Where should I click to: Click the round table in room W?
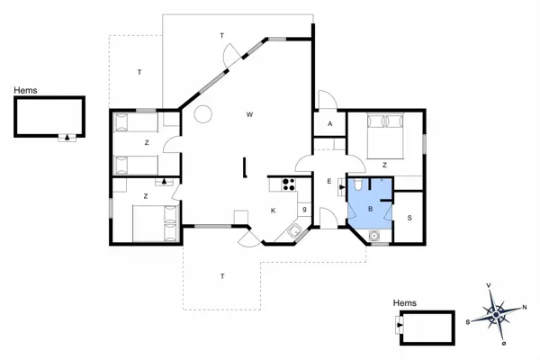point(204,113)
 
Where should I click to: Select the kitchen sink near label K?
point(293,232)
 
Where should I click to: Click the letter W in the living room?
point(249,114)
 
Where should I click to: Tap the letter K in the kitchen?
point(273,211)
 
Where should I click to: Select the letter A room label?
point(330,123)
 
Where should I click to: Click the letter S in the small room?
point(409,218)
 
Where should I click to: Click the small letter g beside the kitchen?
point(305,210)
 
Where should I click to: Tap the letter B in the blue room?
point(369,208)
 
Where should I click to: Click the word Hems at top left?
point(24,90)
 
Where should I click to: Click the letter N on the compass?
point(526,307)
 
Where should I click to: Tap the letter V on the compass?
point(489,286)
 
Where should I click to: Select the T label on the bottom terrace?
point(221,275)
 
